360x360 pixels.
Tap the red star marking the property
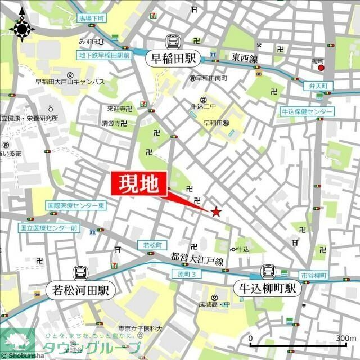click(215, 211)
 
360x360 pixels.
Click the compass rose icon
click(22, 28)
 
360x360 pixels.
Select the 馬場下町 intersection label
click(92, 19)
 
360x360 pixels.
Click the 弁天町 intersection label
click(318, 85)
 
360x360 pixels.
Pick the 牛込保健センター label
click(307, 112)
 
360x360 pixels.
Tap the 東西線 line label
click(244, 58)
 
